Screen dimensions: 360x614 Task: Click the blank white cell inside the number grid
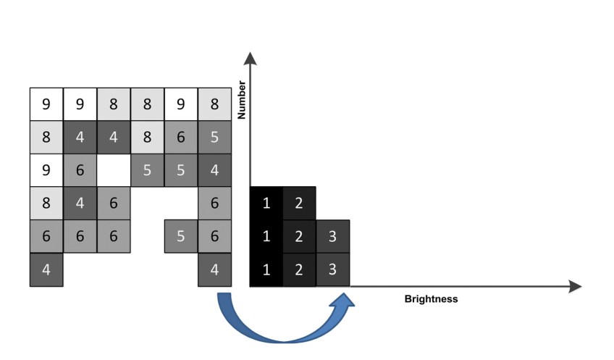click(114, 171)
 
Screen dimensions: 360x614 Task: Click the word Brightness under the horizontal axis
click(431, 298)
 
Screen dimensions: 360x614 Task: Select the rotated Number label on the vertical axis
click(242, 100)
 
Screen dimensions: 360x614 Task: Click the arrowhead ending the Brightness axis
click(575, 287)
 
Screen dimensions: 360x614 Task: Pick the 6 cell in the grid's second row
click(181, 138)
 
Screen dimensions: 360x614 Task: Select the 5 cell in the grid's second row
click(214, 138)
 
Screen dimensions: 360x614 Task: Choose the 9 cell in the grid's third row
click(46, 171)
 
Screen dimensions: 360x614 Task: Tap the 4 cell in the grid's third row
click(214, 171)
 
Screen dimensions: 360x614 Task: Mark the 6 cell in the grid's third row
click(80, 171)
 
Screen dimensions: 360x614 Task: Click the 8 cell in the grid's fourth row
click(46, 204)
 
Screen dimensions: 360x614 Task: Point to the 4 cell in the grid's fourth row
click(80, 204)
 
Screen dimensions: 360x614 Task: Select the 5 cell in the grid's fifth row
click(181, 236)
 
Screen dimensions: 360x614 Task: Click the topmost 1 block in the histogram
click(266, 204)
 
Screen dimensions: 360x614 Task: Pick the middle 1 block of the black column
click(266, 236)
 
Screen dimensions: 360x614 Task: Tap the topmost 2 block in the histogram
click(300, 204)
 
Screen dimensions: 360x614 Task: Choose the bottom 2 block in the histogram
click(300, 269)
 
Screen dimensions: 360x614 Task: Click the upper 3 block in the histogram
click(333, 236)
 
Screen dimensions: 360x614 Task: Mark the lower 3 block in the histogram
click(333, 269)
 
